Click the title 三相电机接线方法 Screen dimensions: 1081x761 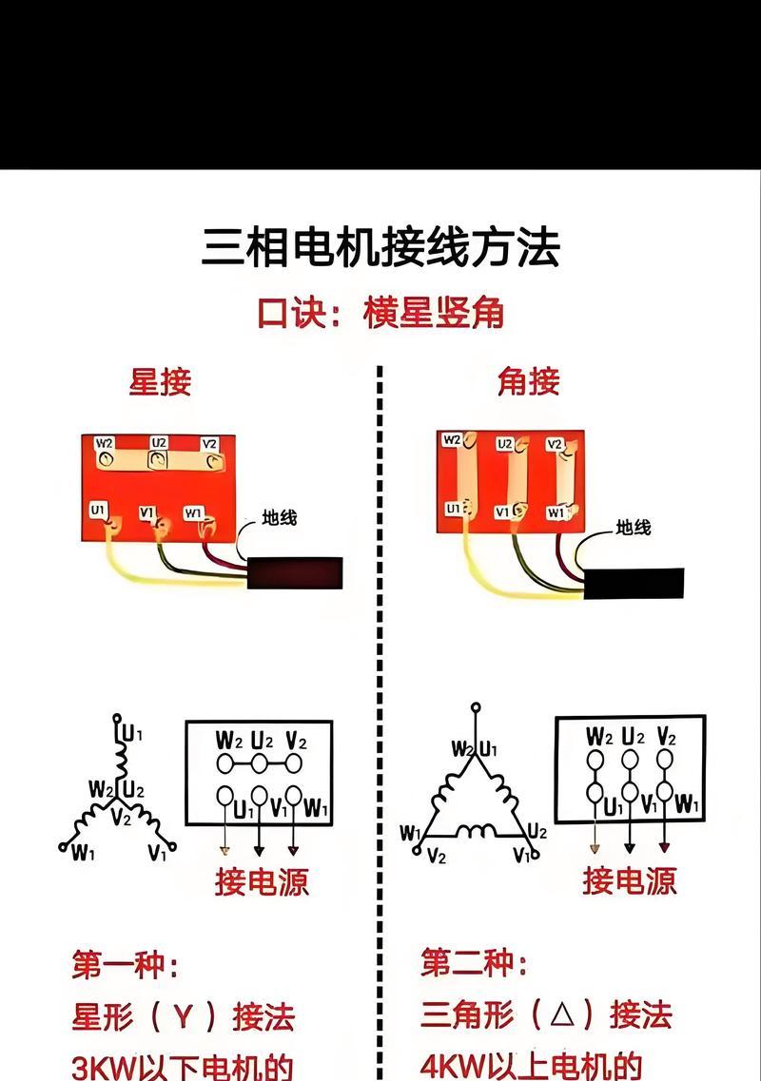pyautogui.click(x=380, y=248)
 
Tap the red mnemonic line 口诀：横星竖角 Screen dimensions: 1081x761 pyautogui.click(x=380, y=312)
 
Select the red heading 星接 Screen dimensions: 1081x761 pyautogui.click(x=160, y=381)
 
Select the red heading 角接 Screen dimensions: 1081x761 pyautogui.click(x=528, y=381)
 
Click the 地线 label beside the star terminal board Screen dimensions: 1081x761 pyautogui.click(x=280, y=518)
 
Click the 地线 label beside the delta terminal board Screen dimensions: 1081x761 pyautogui.click(x=633, y=526)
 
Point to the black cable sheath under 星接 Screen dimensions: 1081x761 pyautogui.click(x=294, y=572)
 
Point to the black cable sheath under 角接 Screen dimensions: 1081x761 pyautogui.click(x=634, y=582)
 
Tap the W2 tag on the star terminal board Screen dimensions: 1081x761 pyautogui.click(x=105, y=442)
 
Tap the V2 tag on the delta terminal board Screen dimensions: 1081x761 pyautogui.click(x=556, y=444)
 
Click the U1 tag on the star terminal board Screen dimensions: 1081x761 pyautogui.click(x=98, y=510)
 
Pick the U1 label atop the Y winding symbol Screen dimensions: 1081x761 pyautogui.click(x=132, y=733)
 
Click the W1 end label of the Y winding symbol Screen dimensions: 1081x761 pyautogui.click(x=83, y=853)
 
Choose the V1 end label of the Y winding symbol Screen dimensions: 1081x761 pyautogui.click(x=157, y=853)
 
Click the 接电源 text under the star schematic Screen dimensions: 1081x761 pyautogui.click(x=261, y=880)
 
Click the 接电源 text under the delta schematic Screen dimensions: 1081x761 pyautogui.click(x=629, y=880)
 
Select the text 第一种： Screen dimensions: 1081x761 pyautogui.click(x=125, y=966)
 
